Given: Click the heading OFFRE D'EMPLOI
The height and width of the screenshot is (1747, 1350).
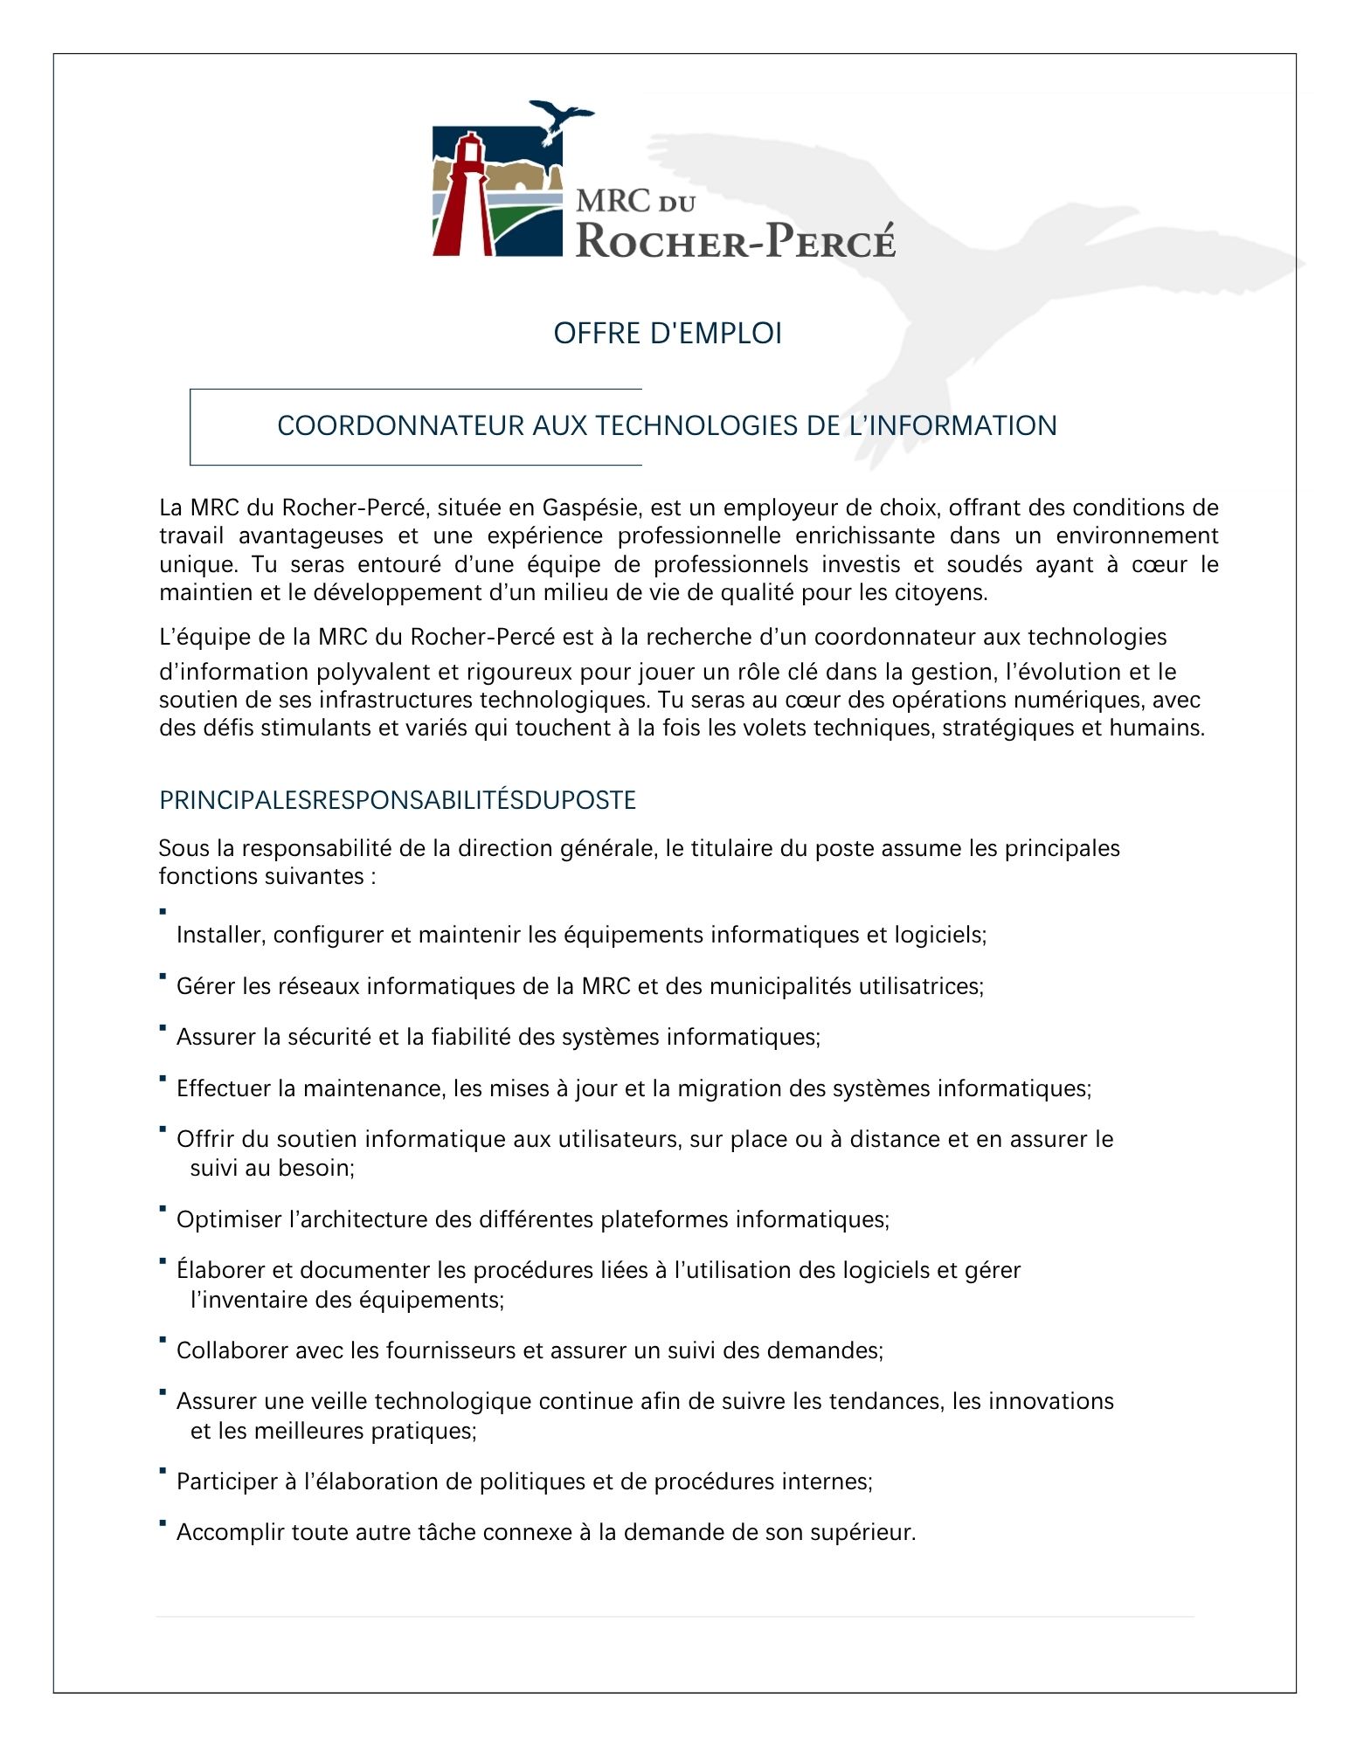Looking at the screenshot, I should (x=668, y=334).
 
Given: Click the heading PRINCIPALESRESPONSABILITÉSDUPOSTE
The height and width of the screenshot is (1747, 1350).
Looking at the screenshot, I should (x=398, y=801).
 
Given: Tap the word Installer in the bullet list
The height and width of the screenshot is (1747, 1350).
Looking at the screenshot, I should (x=219, y=936).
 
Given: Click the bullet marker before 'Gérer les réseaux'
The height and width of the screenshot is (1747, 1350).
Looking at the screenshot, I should (x=163, y=977).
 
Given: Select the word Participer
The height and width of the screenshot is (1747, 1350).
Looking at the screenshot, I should (x=227, y=1482).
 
